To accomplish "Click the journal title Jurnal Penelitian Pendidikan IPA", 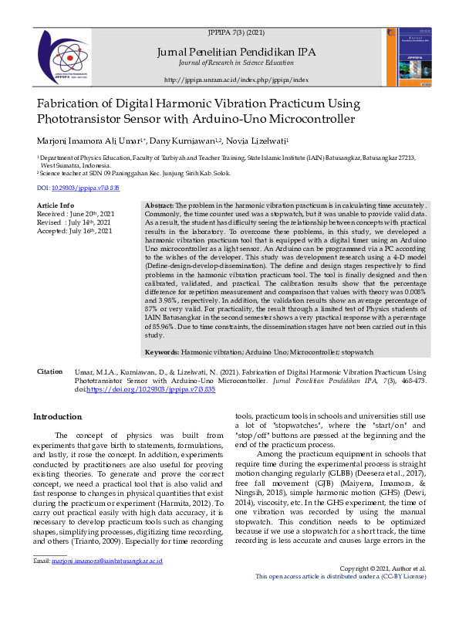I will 236,52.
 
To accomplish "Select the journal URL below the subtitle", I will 236,80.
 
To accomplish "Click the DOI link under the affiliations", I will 78,188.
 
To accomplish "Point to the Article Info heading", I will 56,205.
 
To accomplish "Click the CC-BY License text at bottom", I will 406,619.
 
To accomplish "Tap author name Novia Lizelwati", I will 258,141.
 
